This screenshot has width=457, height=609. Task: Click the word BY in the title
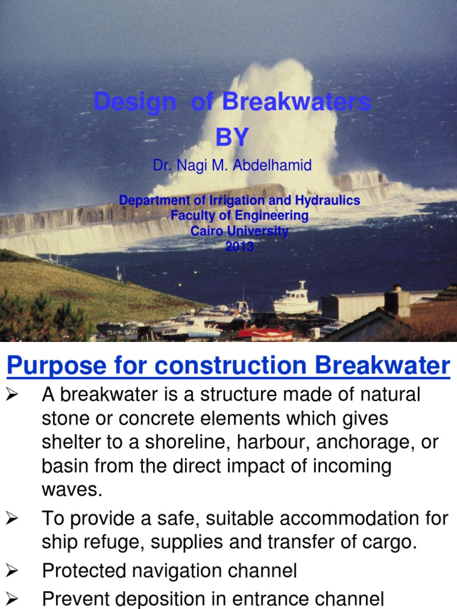231,137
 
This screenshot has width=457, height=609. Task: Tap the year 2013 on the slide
239,247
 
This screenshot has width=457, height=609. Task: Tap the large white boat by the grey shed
296,300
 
